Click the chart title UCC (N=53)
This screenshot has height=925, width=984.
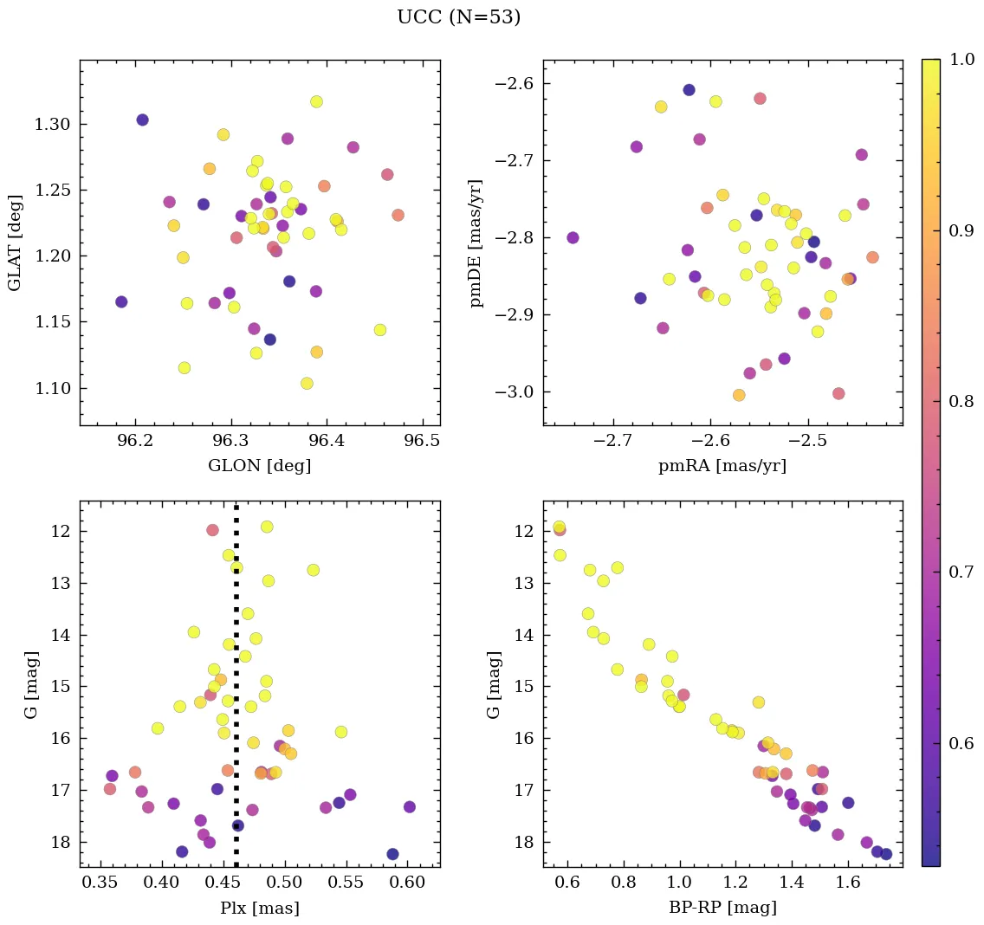coord(458,17)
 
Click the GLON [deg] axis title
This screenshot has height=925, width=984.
coord(259,466)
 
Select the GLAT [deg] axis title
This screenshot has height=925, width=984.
coord(15,243)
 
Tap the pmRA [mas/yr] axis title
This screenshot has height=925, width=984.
coord(722,466)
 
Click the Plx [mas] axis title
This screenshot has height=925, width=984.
coord(259,908)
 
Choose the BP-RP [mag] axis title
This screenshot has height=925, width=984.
coord(722,908)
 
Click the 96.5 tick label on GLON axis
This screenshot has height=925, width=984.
coord(422,441)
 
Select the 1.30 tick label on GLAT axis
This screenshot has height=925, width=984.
coord(53,125)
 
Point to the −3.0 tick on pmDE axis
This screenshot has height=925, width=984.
coord(513,392)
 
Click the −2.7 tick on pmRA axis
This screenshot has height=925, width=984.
coord(607,441)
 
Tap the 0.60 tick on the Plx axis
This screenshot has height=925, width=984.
coord(408,883)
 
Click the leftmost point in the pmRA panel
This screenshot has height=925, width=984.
coord(573,237)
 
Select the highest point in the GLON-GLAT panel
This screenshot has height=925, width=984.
coord(316,101)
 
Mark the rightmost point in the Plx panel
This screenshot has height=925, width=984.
coord(409,806)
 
